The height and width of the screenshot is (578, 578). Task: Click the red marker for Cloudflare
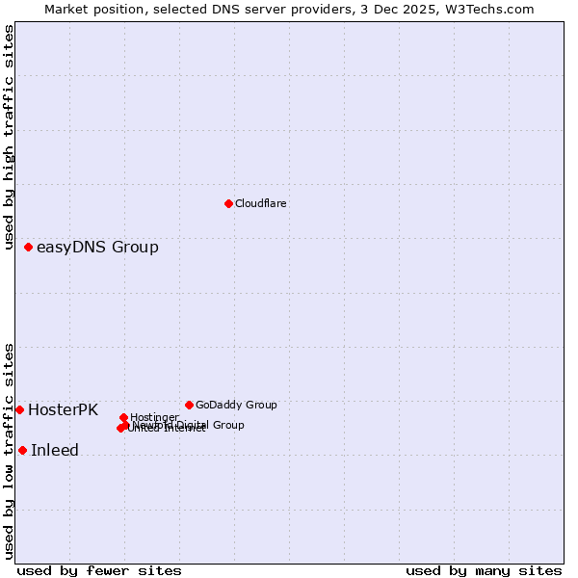point(228,203)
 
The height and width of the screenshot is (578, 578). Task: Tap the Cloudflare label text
point(261,203)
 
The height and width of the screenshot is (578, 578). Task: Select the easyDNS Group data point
point(29,248)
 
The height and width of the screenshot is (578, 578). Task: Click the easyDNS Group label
point(97,248)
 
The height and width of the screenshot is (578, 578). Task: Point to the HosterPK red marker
point(19,409)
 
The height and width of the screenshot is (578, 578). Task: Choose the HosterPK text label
point(63,409)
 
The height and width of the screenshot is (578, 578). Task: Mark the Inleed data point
point(22,450)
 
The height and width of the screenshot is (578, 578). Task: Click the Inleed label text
point(55,450)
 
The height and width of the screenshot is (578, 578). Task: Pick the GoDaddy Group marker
point(189,405)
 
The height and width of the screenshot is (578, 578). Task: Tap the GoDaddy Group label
point(236,405)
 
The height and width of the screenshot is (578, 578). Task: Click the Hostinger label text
point(154,417)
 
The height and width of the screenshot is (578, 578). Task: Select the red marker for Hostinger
point(123,417)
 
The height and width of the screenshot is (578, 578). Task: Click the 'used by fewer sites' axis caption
point(99,570)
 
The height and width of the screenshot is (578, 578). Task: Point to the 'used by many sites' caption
point(484,570)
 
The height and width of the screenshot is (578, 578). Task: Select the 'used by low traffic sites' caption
point(10,451)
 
